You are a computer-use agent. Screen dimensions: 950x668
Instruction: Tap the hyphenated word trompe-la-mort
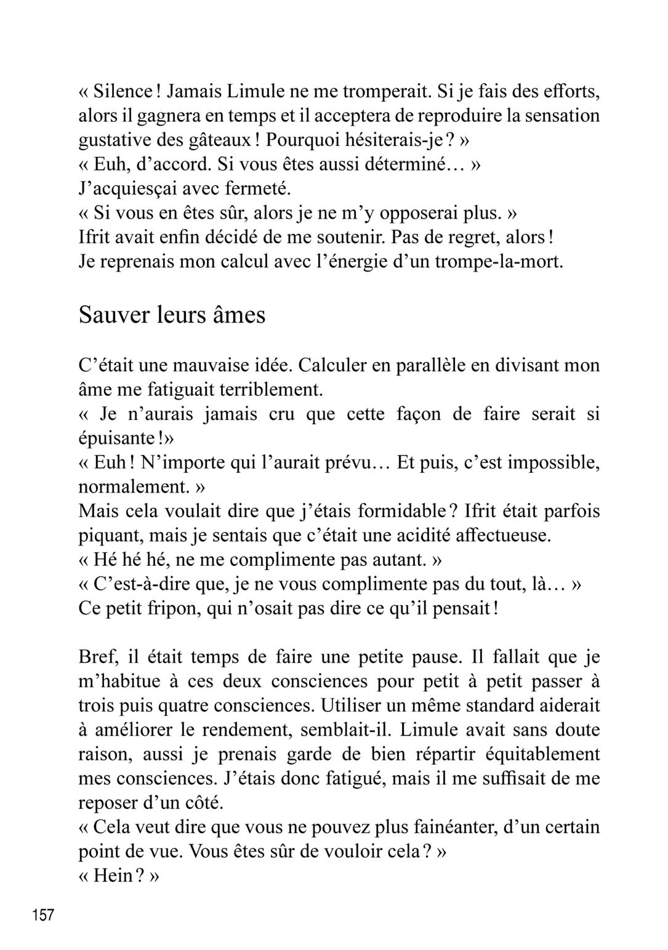coord(499,262)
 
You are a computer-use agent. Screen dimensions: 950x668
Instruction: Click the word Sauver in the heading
coord(115,315)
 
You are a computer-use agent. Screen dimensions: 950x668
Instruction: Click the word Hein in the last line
coord(113,876)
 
